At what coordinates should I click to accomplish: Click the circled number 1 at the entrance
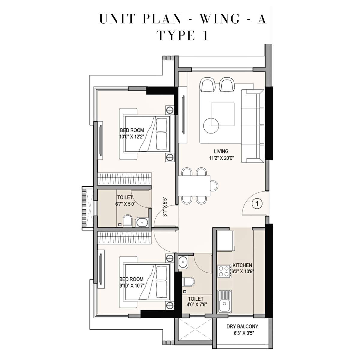256,204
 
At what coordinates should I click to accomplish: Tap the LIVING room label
221,151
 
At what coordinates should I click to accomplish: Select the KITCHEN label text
242,265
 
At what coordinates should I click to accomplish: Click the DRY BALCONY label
242,326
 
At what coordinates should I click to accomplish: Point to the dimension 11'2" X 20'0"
221,159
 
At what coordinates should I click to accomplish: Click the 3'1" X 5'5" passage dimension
164,207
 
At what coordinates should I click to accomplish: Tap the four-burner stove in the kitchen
223,271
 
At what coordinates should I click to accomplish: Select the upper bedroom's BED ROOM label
132,130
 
